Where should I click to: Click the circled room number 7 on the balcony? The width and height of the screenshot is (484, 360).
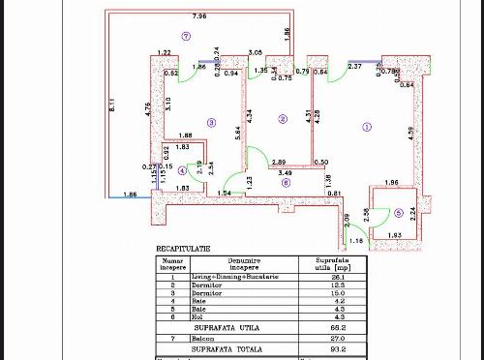186,35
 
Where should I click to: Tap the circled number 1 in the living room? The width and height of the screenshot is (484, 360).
366,126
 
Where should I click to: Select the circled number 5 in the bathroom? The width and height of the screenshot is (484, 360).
398,214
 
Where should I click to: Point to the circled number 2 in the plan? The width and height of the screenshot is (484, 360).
283,119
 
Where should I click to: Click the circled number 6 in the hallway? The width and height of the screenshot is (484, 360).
285,181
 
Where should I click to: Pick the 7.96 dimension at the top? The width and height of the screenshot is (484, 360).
199,16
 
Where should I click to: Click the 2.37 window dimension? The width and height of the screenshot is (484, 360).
355,66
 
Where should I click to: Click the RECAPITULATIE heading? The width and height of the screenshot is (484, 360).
184,248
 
